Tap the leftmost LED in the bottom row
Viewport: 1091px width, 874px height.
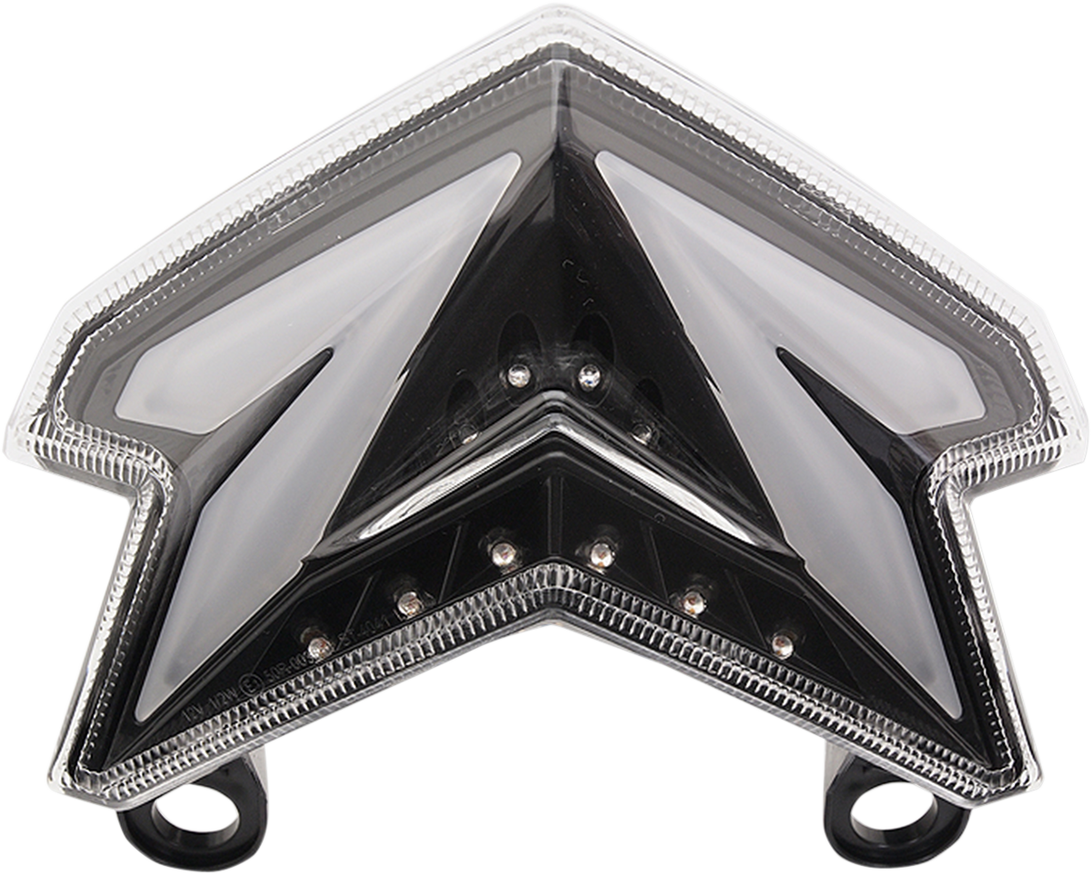pyautogui.click(x=318, y=646)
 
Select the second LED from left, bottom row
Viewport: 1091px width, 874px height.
pyautogui.click(x=410, y=600)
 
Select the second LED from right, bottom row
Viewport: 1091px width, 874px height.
pyautogui.click(x=693, y=600)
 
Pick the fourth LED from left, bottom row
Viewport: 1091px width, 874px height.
pyautogui.click(x=600, y=551)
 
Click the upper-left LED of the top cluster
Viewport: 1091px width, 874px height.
pyautogui.click(x=517, y=373)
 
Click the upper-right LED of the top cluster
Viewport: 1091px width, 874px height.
pyautogui.click(x=589, y=373)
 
